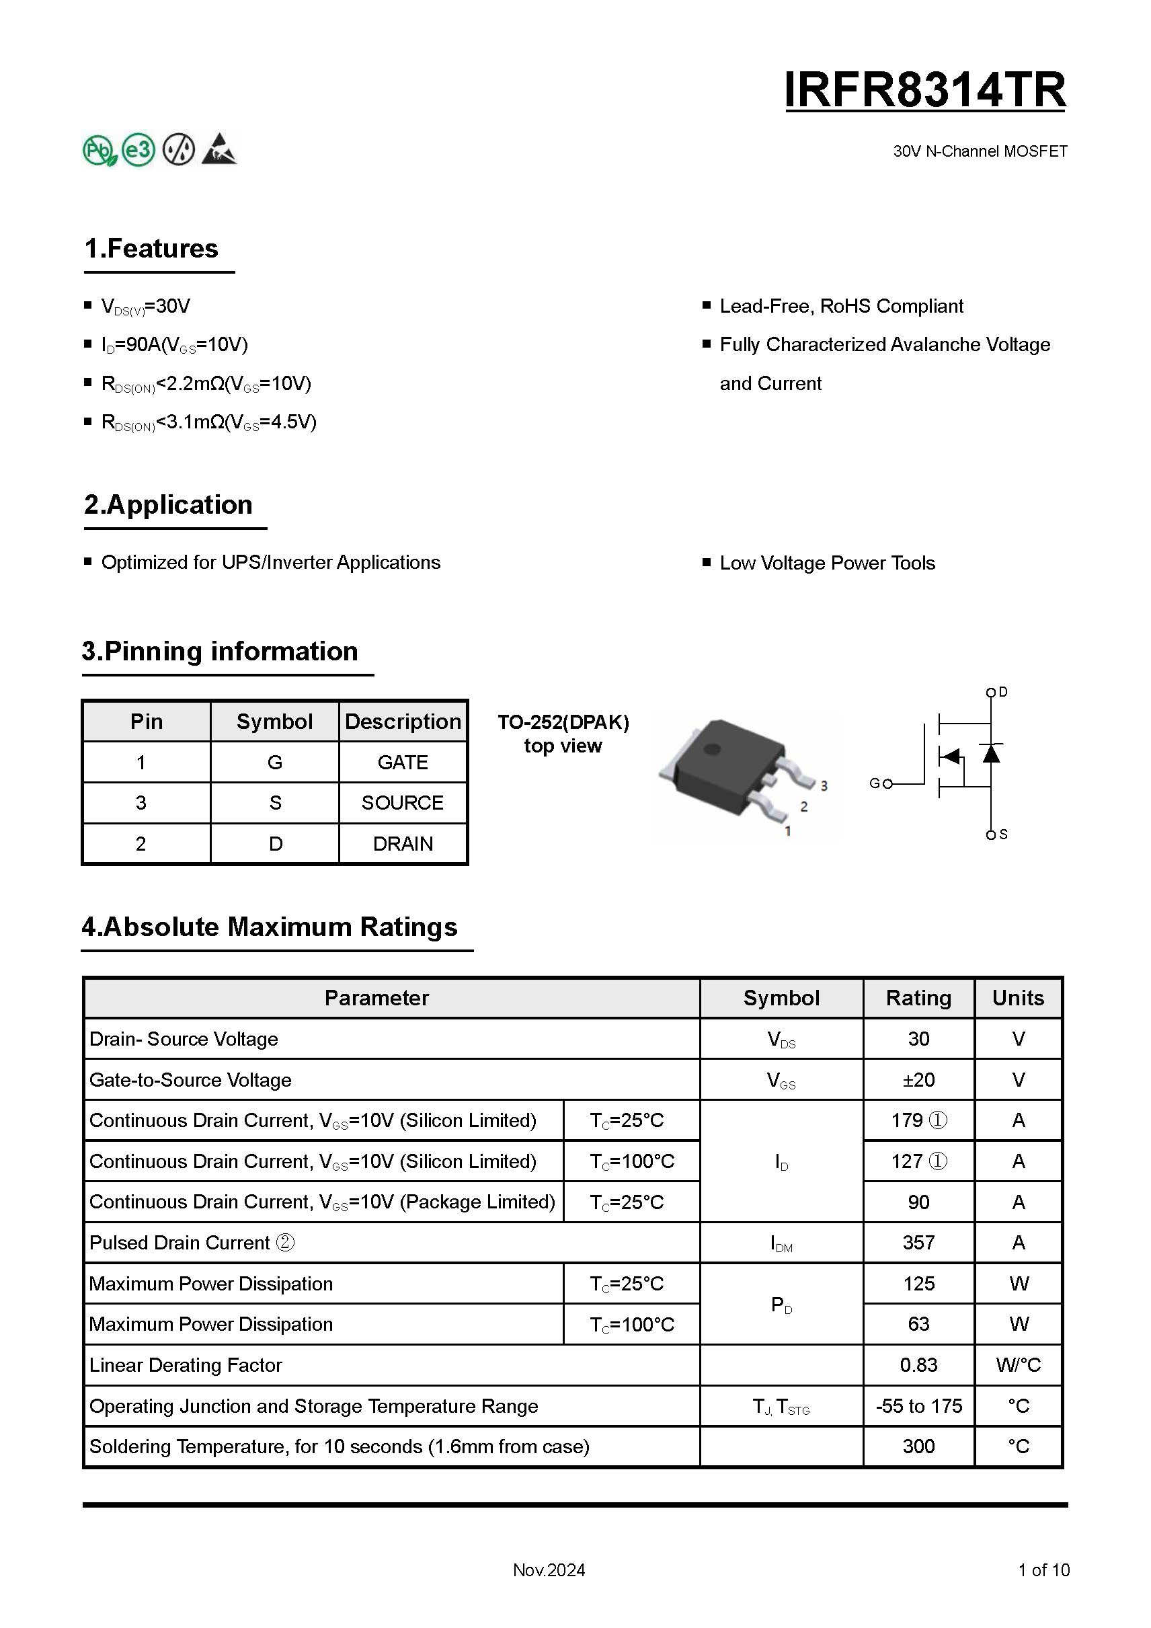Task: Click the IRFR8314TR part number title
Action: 925,91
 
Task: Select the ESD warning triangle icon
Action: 219,149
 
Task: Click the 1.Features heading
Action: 151,249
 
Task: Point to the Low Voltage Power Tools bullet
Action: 827,563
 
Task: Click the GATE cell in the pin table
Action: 403,763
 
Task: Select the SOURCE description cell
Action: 403,803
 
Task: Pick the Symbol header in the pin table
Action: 274,721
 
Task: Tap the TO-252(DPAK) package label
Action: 563,722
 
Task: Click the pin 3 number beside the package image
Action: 824,785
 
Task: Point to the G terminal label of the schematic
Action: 875,783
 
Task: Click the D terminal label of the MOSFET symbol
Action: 1003,692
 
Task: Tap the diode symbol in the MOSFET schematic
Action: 991,753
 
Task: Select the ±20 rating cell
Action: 918,1080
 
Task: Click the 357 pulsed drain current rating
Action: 918,1242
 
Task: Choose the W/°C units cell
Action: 1018,1365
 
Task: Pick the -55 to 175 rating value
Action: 918,1406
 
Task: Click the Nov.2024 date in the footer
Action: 549,1570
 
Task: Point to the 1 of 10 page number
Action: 1043,1570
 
